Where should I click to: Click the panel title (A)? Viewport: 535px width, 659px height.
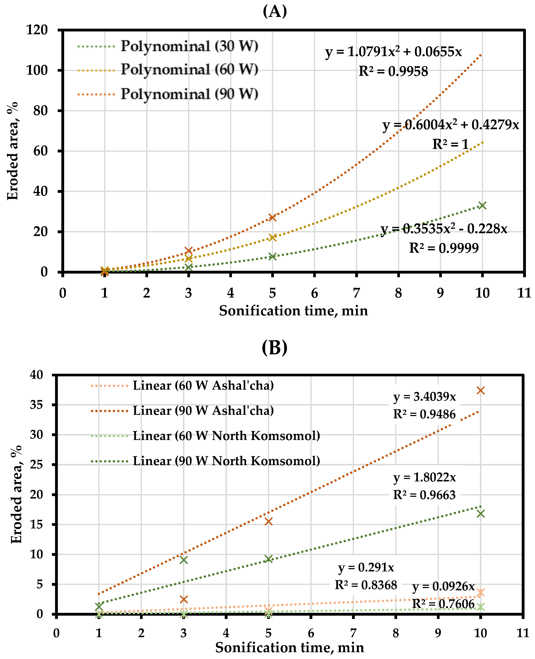[275, 12]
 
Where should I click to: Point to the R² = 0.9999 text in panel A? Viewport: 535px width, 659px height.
[444, 248]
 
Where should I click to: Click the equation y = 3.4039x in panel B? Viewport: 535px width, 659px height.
[424, 397]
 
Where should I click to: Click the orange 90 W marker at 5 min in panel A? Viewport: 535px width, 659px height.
[272, 217]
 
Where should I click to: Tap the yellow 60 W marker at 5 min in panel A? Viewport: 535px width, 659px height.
[272, 237]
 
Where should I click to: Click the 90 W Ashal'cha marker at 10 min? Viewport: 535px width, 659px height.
[480, 391]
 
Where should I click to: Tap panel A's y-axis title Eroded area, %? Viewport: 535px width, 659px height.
[13, 151]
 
